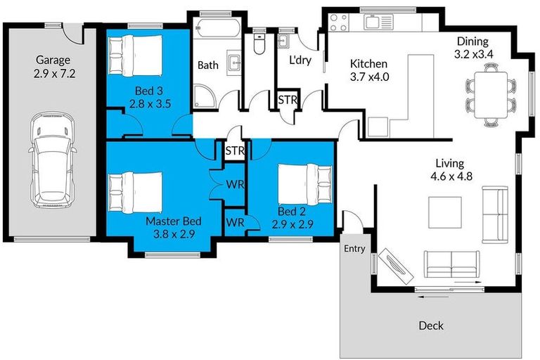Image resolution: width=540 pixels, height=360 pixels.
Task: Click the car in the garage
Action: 51,160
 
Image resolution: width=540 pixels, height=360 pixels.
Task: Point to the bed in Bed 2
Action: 304,184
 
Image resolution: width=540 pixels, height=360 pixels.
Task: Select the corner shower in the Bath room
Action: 205,96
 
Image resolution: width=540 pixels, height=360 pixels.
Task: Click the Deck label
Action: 431,326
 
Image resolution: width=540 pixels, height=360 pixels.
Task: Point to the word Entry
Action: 354,249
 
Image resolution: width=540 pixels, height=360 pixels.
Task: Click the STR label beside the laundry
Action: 288,101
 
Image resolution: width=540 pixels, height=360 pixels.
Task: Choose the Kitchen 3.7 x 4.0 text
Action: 369,71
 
